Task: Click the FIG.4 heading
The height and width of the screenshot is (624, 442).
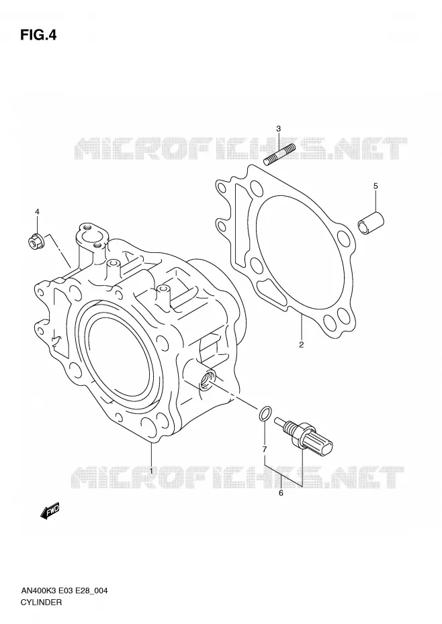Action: pyautogui.click(x=39, y=36)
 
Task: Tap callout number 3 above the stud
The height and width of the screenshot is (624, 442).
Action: pyautogui.click(x=279, y=129)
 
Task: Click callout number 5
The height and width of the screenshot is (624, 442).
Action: pyautogui.click(x=375, y=186)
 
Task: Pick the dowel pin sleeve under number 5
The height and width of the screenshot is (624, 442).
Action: pyautogui.click(x=370, y=225)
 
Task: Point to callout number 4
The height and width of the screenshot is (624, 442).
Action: pyautogui.click(x=37, y=212)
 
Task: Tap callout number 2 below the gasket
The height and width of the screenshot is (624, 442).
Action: pyautogui.click(x=302, y=345)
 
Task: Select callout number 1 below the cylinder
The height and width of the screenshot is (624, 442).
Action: pyautogui.click(x=151, y=471)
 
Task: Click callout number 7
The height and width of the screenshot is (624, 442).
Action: pyautogui.click(x=264, y=450)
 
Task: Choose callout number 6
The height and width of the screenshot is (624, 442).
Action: pyautogui.click(x=281, y=493)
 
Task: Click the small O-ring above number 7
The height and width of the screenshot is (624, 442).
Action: pyautogui.click(x=265, y=414)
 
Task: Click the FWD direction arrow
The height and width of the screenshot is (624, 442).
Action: pyautogui.click(x=50, y=512)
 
